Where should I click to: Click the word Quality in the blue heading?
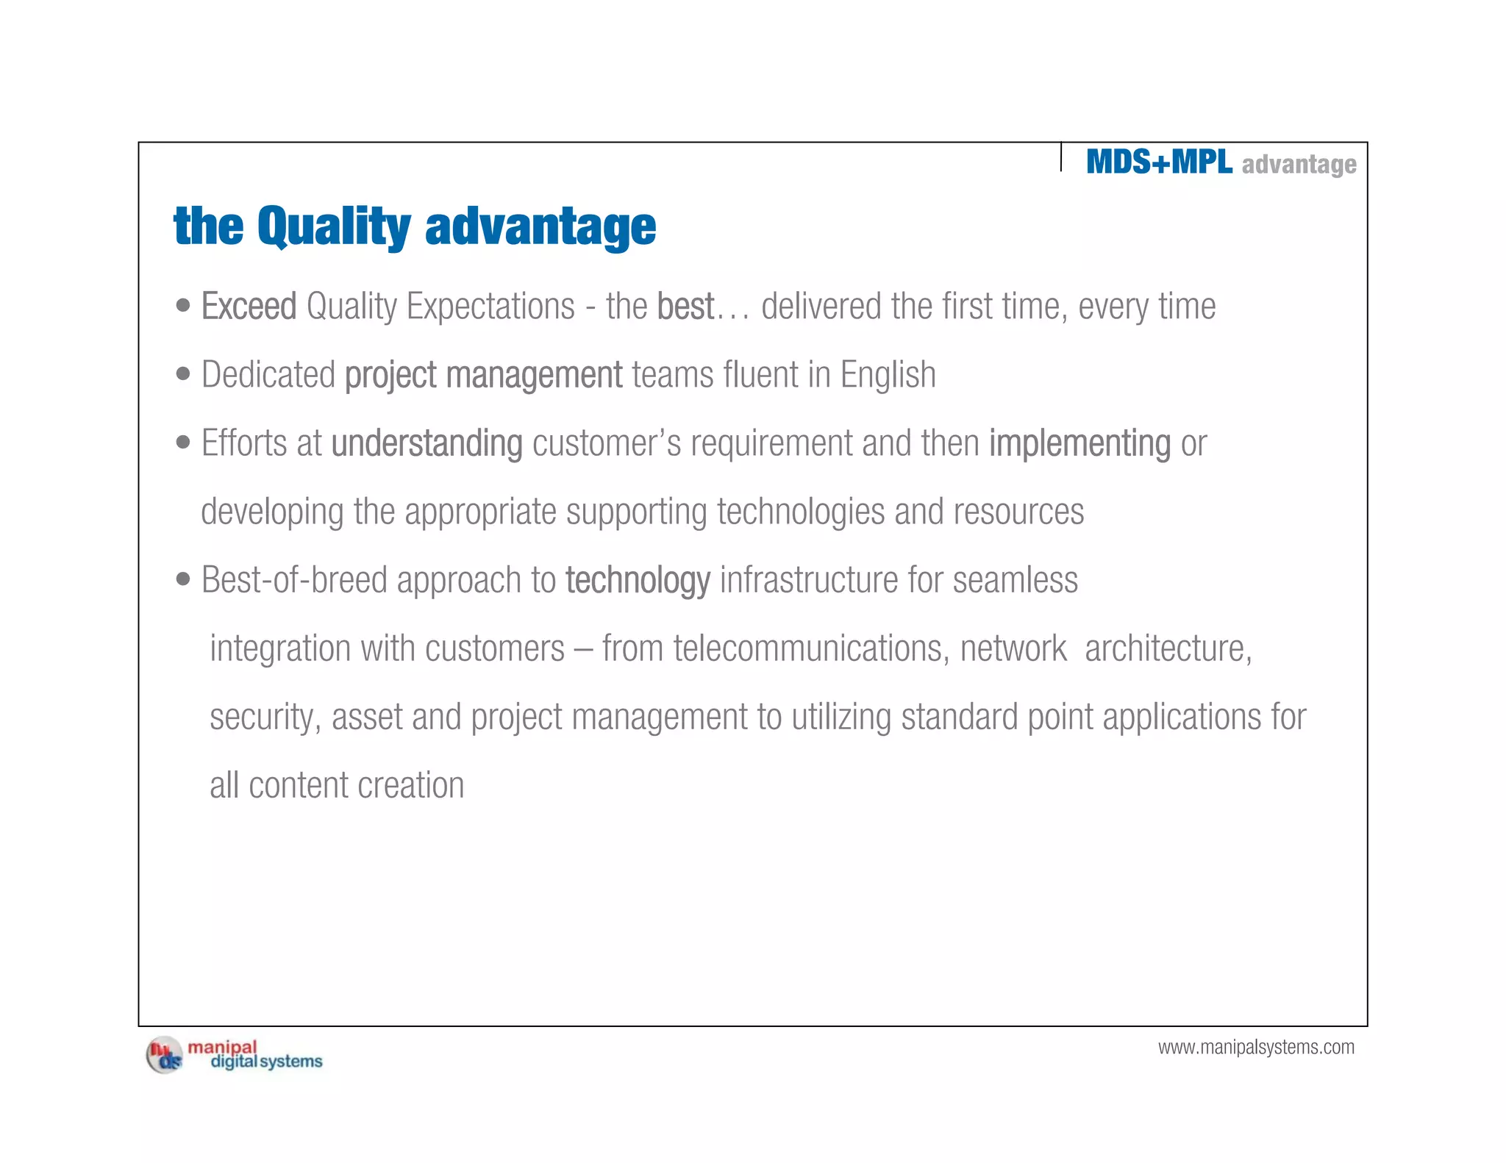click(334, 226)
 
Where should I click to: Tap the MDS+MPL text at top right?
click(1159, 162)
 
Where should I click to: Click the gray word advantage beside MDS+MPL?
click(1299, 165)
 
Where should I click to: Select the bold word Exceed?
click(249, 307)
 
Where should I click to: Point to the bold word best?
click(685, 307)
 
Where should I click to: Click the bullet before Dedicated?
click(183, 374)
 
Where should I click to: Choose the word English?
click(888, 375)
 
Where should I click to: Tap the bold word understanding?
click(427, 443)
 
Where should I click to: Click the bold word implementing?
click(1079, 443)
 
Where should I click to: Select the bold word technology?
click(638, 580)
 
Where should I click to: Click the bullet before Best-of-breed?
click(183, 579)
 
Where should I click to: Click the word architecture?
click(1167, 648)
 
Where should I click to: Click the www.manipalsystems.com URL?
click(1256, 1047)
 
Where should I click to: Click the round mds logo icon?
click(165, 1056)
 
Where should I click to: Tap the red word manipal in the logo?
click(222, 1047)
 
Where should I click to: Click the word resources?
click(1018, 512)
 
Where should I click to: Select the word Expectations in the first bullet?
click(490, 307)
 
